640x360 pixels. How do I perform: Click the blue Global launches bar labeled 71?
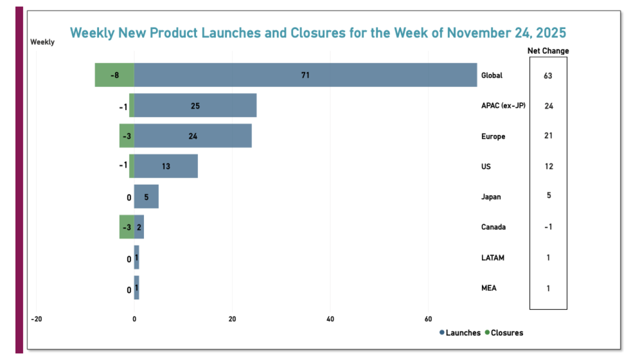305,75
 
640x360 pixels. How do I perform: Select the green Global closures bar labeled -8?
114,75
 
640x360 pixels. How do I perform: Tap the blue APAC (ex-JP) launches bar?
195,105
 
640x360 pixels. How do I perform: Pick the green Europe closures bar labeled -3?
126,136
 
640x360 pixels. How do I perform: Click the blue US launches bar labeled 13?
165,166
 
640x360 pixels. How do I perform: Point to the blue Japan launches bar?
146,196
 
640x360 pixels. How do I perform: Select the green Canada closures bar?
126,227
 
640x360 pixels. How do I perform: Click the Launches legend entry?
459,333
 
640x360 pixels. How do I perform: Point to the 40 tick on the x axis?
330,318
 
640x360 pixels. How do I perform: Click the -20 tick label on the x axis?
36,318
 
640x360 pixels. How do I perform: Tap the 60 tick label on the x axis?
428,318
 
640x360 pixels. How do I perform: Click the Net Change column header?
548,51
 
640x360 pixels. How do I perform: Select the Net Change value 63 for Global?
548,76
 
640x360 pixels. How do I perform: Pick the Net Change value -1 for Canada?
548,227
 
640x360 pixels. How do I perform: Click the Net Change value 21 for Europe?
548,136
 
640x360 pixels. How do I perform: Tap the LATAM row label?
492,257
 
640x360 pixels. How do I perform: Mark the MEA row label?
489,288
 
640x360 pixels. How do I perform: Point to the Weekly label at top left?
42,42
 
